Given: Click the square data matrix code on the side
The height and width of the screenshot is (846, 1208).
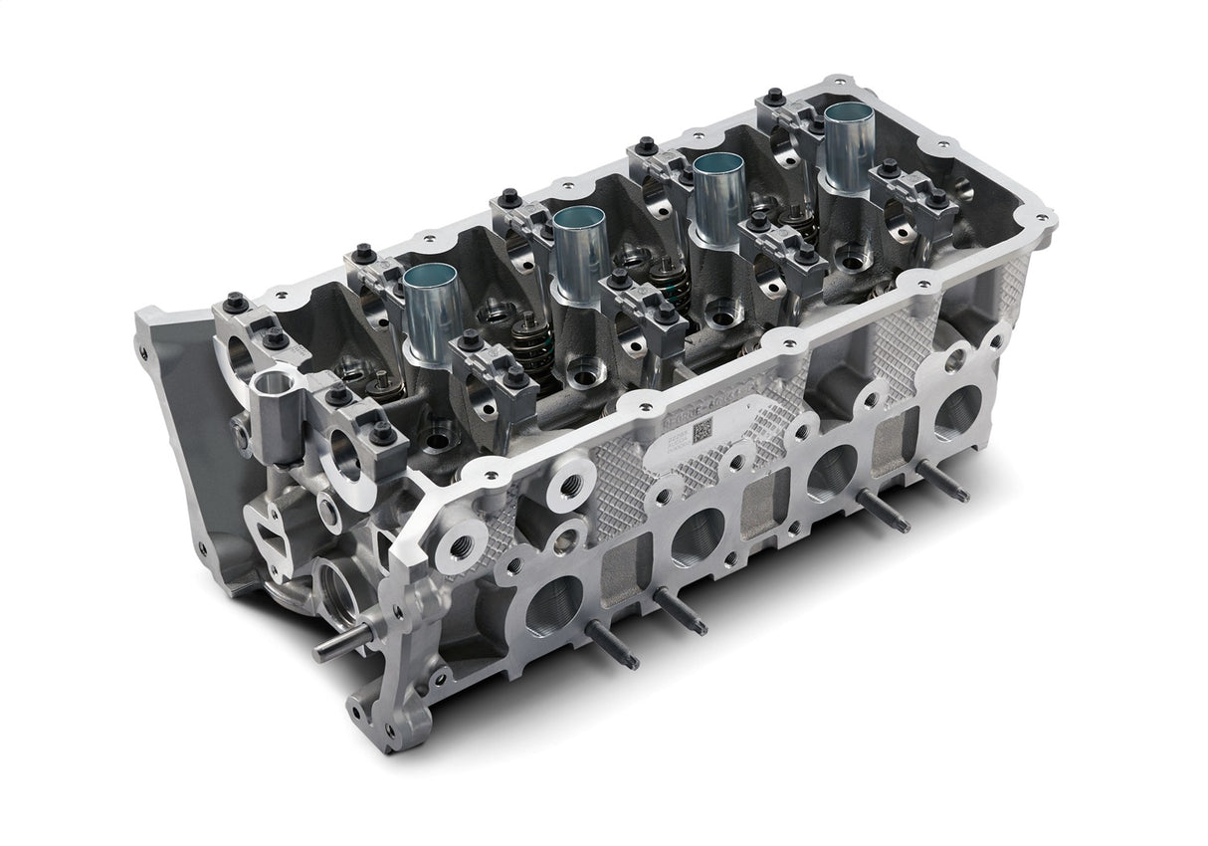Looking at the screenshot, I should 703,431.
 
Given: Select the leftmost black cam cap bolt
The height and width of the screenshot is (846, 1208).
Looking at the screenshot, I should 235,302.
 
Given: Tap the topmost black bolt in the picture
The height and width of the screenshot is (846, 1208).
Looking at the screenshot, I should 773,97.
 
